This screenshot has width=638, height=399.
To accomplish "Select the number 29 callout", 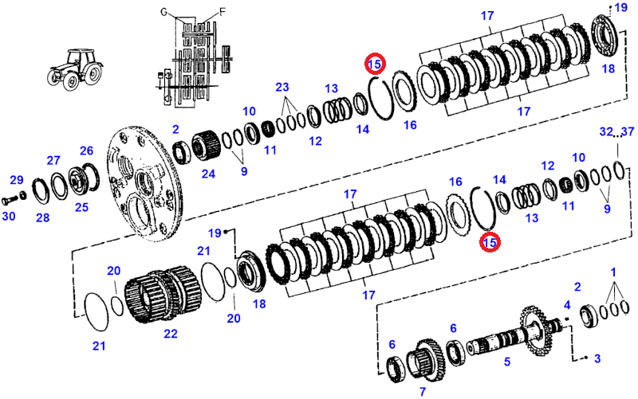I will click(x=17, y=181).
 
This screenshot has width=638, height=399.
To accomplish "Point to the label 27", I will click(x=53, y=160).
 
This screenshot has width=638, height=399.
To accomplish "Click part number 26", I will click(x=86, y=150).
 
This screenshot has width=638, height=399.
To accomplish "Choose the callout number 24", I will click(x=208, y=173).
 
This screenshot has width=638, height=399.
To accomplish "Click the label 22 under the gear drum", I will click(x=171, y=334).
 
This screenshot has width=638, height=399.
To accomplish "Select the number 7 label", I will click(x=422, y=391).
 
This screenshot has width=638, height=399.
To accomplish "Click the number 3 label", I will click(x=597, y=359).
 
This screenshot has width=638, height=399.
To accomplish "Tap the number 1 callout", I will click(x=613, y=272).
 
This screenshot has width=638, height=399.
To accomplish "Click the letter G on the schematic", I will click(x=164, y=12).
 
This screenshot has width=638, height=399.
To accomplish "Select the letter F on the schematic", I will click(x=223, y=12).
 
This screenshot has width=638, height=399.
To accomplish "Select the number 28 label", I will click(x=42, y=217).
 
